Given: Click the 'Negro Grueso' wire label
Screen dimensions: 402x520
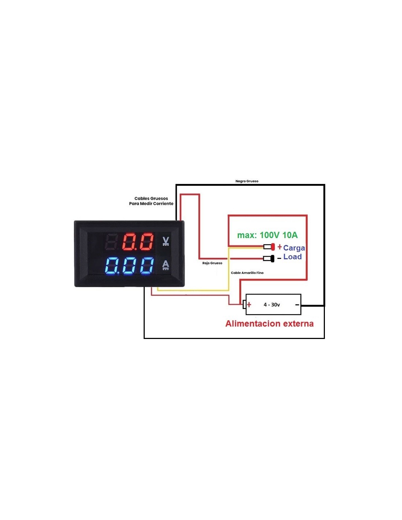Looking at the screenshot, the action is pyautogui.click(x=247, y=181).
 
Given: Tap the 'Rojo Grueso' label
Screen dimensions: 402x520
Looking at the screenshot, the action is pyautogui.click(x=212, y=263).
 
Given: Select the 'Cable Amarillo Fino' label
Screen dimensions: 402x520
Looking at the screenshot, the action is pyautogui.click(x=247, y=272).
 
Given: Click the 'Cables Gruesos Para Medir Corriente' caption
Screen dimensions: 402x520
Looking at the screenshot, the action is pyautogui.click(x=151, y=201).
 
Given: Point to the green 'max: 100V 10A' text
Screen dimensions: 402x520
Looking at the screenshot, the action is pyautogui.click(x=268, y=235).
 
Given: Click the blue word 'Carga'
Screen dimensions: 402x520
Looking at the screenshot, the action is pyautogui.click(x=294, y=248).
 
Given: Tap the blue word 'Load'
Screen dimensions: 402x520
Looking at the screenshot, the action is pyautogui.click(x=292, y=257).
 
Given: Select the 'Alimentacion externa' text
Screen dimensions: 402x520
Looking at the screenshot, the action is pyautogui.click(x=269, y=324).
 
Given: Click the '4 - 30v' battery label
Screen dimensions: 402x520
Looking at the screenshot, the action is pyautogui.click(x=272, y=305).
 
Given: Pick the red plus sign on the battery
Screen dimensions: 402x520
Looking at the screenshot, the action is pyautogui.click(x=249, y=304).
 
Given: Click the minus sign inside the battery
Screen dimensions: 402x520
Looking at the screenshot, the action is pyautogui.click(x=297, y=305).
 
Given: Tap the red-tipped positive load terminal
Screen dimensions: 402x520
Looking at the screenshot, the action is pyautogui.click(x=269, y=247).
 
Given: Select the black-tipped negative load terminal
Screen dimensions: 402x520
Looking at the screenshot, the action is pyautogui.click(x=269, y=259).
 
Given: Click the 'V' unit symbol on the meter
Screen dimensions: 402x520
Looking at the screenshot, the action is pyautogui.click(x=166, y=241).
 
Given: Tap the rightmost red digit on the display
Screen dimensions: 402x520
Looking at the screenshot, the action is pyautogui.click(x=146, y=242).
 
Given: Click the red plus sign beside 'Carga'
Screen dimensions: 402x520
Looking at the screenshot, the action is pyautogui.click(x=280, y=246).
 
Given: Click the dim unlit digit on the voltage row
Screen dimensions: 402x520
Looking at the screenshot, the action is pyautogui.click(x=112, y=242).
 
